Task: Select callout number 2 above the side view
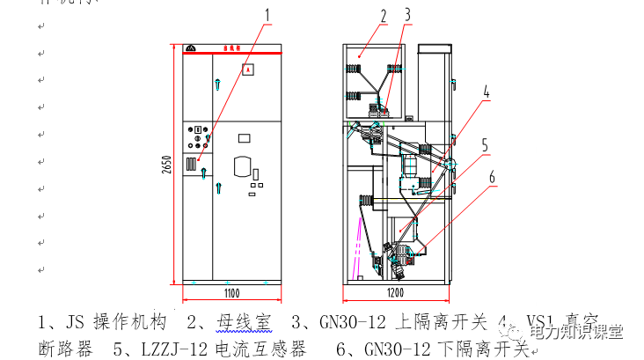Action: click(x=384, y=15)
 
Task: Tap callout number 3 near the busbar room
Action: click(x=407, y=15)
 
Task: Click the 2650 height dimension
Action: click(x=165, y=166)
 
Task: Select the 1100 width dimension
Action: click(x=231, y=293)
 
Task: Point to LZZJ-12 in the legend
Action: click(x=172, y=349)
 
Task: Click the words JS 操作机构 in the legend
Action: click(x=114, y=320)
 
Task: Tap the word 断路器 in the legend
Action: click(x=66, y=349)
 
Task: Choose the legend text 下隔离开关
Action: click(x=485, y=349)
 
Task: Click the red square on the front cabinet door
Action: click(x=248, y=69)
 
